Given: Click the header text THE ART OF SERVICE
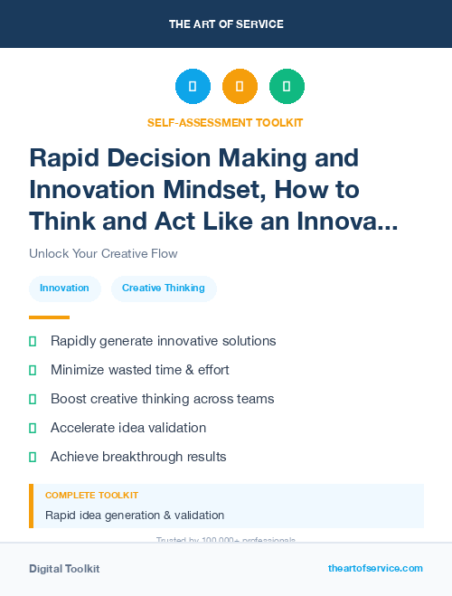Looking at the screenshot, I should coord(226,24).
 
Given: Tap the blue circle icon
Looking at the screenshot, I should coord(193,86).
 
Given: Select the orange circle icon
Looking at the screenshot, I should coord(240,86).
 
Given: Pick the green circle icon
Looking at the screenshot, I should coord(287,86).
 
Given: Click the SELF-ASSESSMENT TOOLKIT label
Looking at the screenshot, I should coord(226,122).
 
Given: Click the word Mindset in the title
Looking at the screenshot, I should coord(212,190).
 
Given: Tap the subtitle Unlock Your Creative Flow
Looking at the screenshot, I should coord(103,253).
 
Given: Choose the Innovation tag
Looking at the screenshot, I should coord(64,288).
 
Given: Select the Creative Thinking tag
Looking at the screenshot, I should coord(164,288).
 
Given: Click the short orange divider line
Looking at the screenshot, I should coord(49,317).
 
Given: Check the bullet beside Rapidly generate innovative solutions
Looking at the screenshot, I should coord(33,341).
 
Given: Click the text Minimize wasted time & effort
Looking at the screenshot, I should coord(140,370).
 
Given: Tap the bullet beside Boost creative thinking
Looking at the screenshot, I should coord(33,399).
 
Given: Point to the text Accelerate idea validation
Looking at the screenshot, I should coord(128,428).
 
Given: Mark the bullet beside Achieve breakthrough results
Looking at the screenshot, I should coord(33,457).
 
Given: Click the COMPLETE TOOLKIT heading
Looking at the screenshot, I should coord(92,496).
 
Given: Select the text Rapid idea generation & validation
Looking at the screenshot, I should coord(135,516).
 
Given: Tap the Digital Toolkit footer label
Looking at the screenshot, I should coord(64,569).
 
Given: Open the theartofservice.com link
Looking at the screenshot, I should coord(375,568).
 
